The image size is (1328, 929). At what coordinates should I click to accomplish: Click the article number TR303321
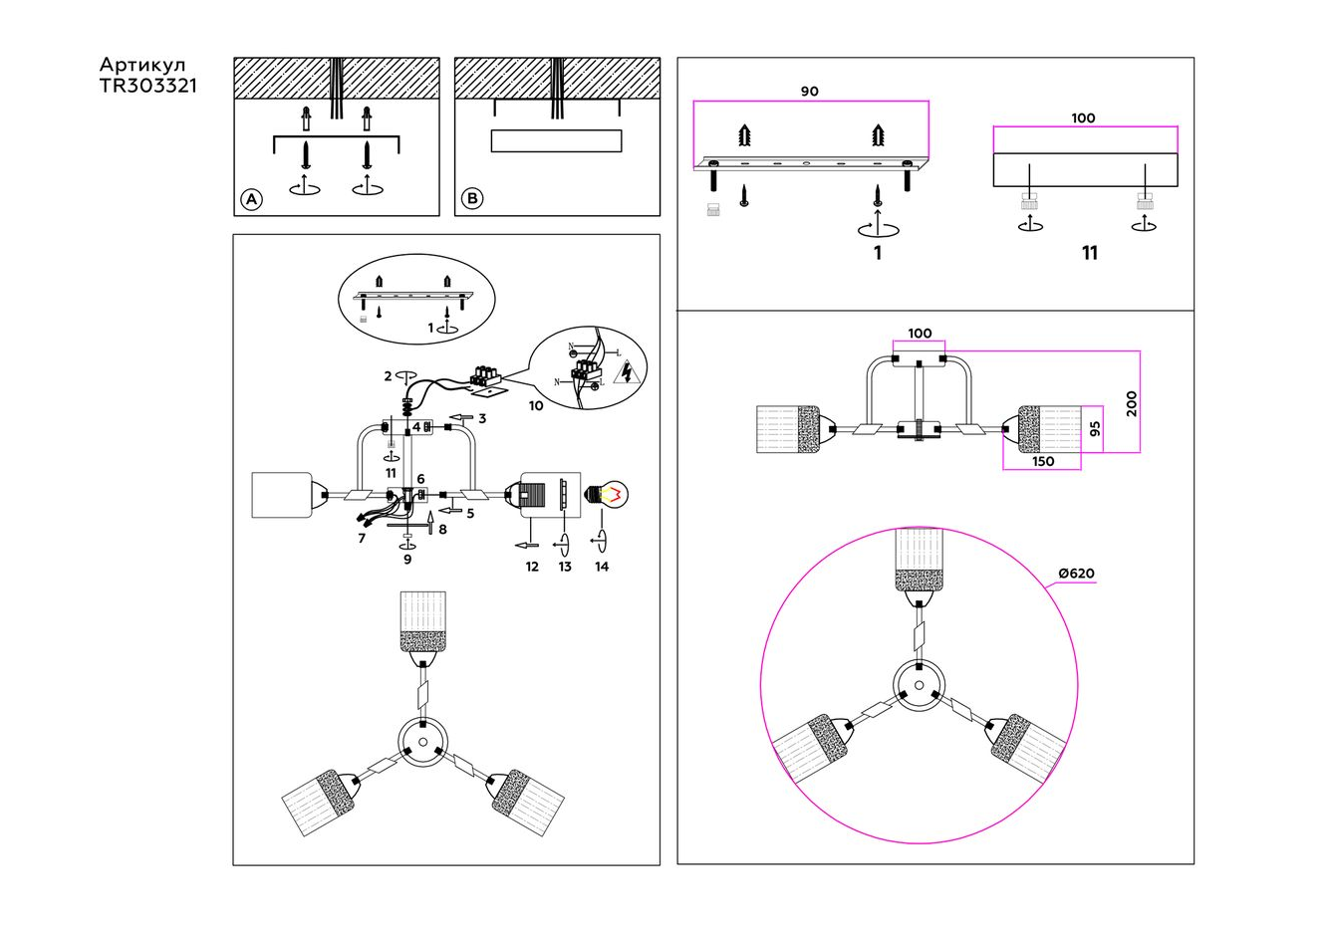point(147,87)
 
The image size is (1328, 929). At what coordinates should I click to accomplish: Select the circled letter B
point(472,199)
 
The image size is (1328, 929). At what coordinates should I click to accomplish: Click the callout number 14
point(601,567)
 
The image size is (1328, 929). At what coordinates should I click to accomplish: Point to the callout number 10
point(536,405)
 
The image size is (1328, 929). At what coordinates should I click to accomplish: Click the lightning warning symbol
point(627,373)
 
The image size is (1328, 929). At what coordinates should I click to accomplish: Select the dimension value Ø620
point(1076,574)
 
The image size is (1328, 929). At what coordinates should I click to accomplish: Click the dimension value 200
point(1131,402)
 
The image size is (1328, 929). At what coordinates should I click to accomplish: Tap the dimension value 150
point(1042,461)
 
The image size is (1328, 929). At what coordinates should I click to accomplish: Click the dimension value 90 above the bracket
point(810,92)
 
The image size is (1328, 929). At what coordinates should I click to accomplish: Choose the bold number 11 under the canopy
point(1090,253)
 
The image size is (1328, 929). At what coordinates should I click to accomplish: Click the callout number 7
point(362,538)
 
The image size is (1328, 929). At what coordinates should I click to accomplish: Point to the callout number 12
point(532,567)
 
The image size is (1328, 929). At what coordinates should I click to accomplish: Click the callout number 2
point(388,376)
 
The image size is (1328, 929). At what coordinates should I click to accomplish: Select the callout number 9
point(407,560)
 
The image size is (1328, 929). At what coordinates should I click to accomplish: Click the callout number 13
point(565,567)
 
